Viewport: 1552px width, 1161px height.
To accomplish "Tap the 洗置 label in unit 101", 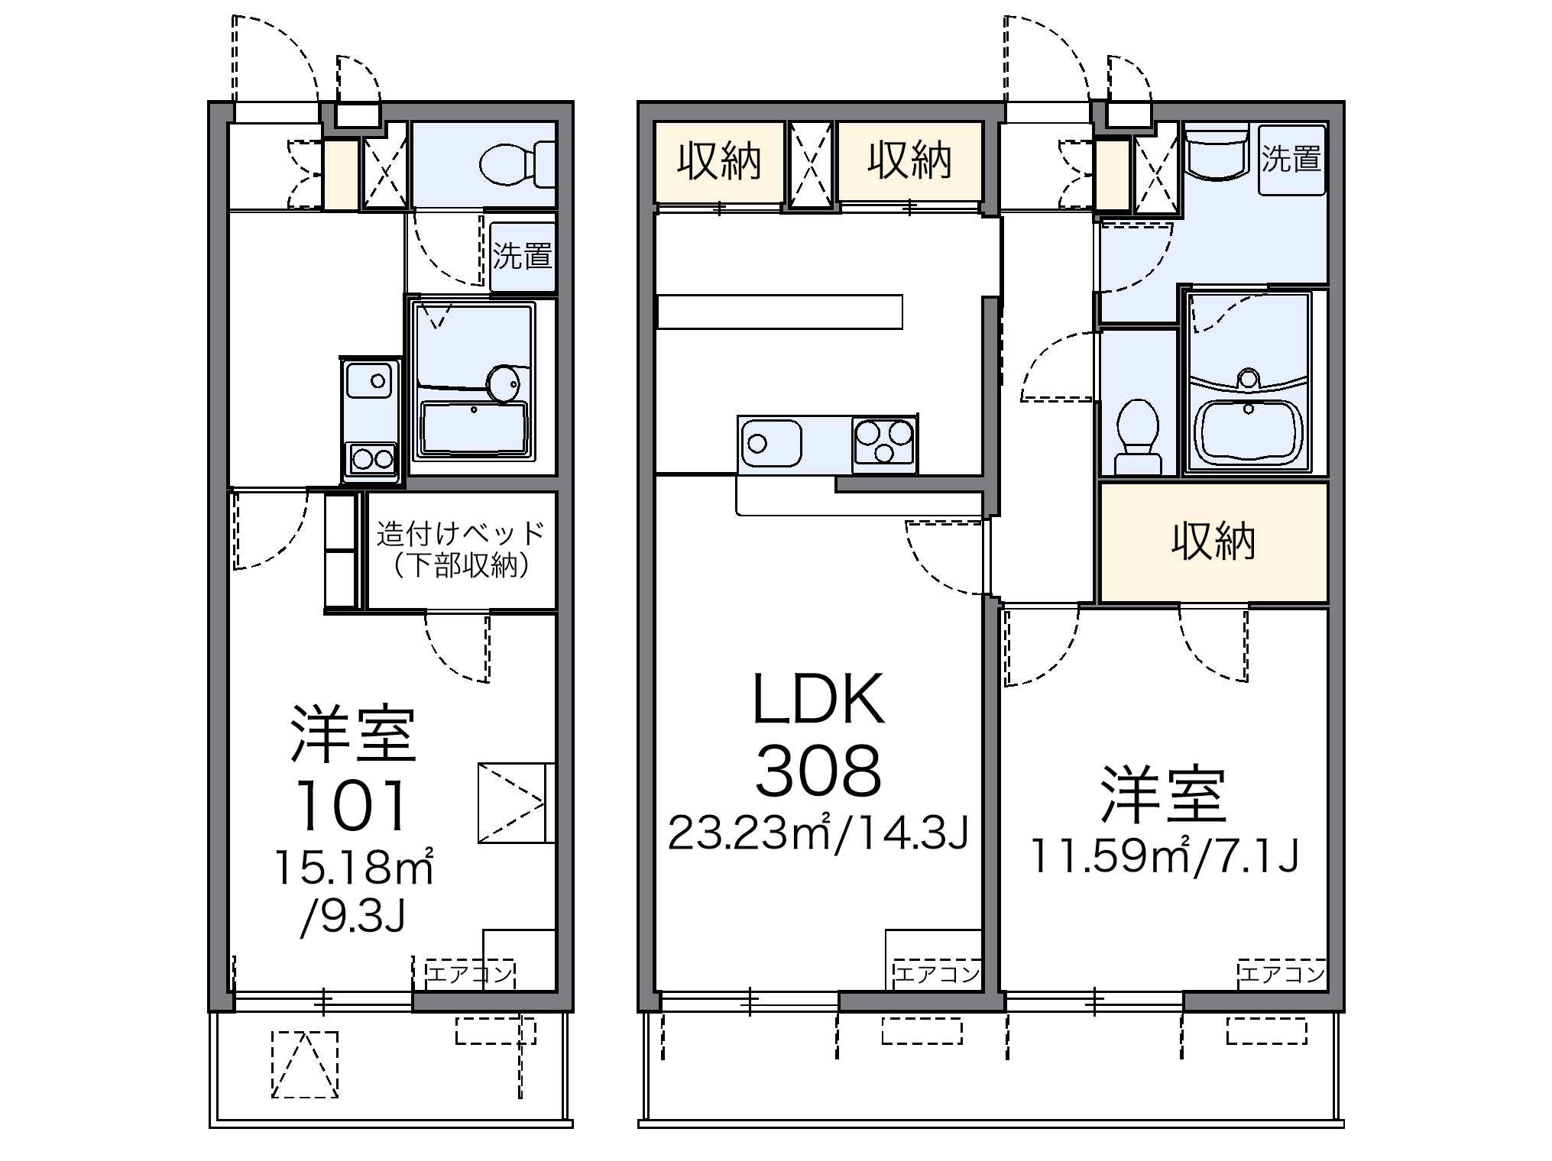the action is (x=523, y=255).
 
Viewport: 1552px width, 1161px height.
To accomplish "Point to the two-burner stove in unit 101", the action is (x=372, y=459).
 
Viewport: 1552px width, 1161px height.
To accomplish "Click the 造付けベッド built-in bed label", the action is (x=461, y=532).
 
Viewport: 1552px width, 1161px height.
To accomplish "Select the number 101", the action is (x=352, y=805).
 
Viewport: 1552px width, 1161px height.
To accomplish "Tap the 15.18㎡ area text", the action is (x=354, y=868).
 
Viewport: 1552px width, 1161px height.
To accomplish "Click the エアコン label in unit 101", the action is (x=470, y=974).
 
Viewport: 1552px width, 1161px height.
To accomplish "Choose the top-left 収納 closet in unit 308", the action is (x=720, y=162).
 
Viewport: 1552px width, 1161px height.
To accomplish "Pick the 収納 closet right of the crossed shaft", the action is (x=909, y=162).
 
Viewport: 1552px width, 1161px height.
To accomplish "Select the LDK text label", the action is (x=818, y=699).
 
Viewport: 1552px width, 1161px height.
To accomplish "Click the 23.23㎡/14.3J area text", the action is (x=818, y=833).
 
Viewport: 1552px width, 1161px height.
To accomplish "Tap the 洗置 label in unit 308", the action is (x=1291, y=159).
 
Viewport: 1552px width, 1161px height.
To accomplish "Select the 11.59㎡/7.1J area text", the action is (x=1165, y=855).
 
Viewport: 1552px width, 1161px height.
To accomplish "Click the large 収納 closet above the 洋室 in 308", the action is (x=1213, y=542).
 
